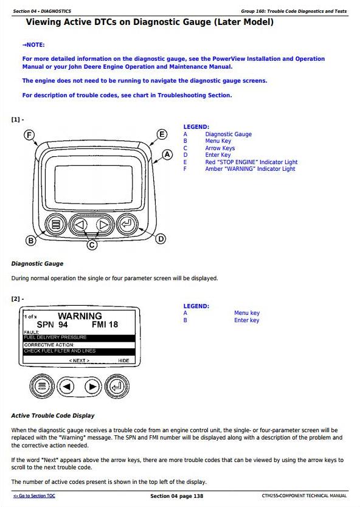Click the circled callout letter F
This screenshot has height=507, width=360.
(x=29, y=135)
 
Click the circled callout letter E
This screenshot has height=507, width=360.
(x=162, y=134)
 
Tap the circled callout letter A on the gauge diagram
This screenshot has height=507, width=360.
(x=167, y=154)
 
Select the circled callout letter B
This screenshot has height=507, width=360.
(x=31, y=240)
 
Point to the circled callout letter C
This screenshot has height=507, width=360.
(x=92, y=245)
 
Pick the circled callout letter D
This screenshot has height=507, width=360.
(x=161, y=239)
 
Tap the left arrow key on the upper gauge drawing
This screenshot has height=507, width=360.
(x=80, y=224)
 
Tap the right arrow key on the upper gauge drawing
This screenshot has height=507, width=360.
(x=103, y=224)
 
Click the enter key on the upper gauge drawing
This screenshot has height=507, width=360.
(x=127, y=224)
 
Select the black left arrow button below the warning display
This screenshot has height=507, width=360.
(x=66, y=387)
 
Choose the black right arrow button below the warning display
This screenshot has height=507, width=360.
(x=92, y=387)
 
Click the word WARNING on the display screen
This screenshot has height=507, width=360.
(x=80, y=316)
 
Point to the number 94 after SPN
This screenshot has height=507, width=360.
(x=63, y=325)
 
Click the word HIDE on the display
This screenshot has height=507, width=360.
(x=123, y=360)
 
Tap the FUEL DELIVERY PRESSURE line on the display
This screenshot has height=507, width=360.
(x=55, y=337)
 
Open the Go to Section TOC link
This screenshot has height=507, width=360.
(x=34, y=495)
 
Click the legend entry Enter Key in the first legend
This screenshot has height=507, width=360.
(x=218, y=155)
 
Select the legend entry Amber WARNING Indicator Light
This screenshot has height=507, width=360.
(x=250, y=169)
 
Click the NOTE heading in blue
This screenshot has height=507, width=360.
(x=33, y=45)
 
